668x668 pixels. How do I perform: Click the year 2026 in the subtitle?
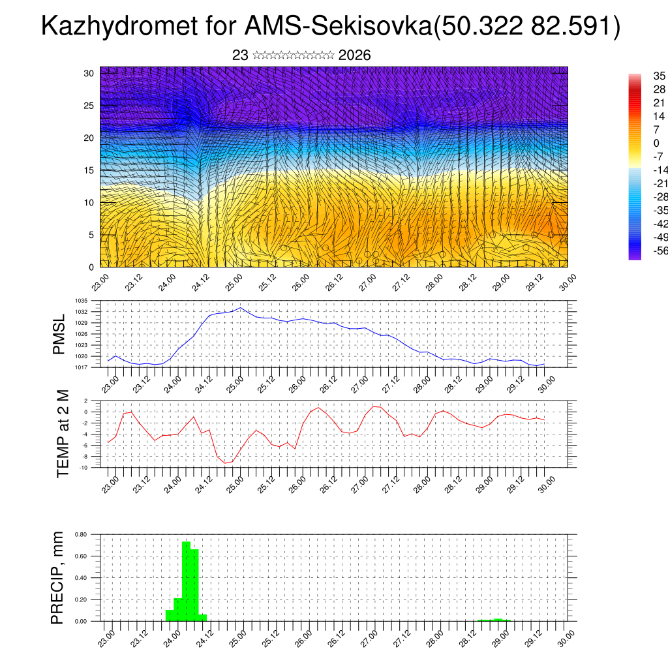[x=355, y=55]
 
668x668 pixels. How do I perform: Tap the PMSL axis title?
[x=59, y=334]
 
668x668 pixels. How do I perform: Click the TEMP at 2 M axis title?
[x=63, y=433]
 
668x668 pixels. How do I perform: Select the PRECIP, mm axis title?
[x=59, y=577]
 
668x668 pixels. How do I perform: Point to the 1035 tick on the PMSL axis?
[x=82, y=301]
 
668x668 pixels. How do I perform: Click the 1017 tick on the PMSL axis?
[x=82, y=367]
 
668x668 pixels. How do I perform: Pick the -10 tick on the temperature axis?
[x=83, y=467]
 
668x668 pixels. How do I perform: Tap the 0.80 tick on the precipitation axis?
[x=81, y=534]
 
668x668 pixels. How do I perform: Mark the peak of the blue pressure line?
[x=240, y=307]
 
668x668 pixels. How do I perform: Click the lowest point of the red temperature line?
[x=226, y=463]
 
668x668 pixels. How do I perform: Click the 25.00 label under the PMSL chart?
[x=234, y=383]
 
